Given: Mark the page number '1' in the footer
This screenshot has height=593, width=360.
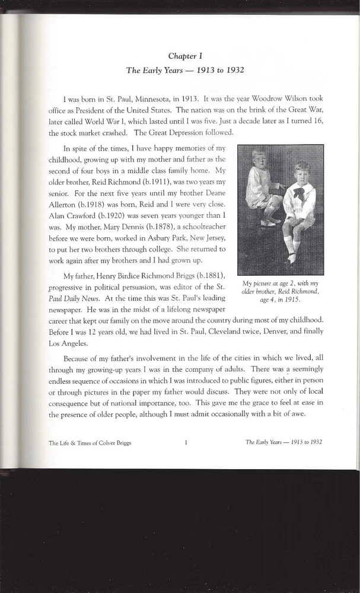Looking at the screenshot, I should point(186,442).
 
